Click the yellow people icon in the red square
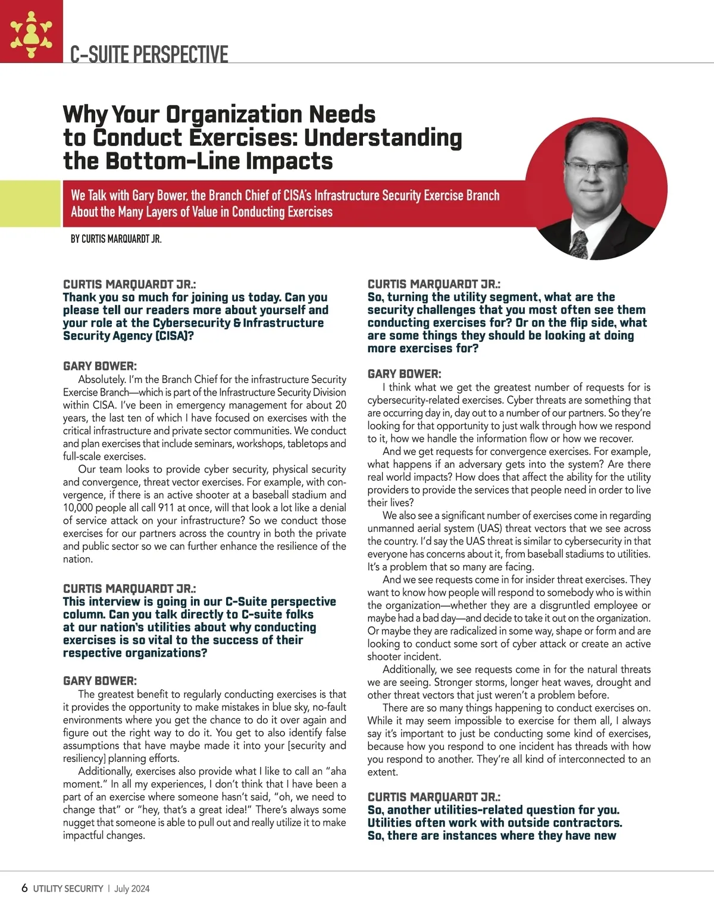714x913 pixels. coord(32,32)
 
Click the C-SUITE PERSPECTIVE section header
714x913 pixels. coord(149,54)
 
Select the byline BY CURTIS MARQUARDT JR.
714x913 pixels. coord(116,239)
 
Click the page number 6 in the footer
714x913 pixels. coord(24,888)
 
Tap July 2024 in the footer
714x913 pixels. coord(132,889)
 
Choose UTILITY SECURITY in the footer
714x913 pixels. coord(68,889)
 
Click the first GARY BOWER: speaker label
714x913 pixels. coord(99,366)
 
